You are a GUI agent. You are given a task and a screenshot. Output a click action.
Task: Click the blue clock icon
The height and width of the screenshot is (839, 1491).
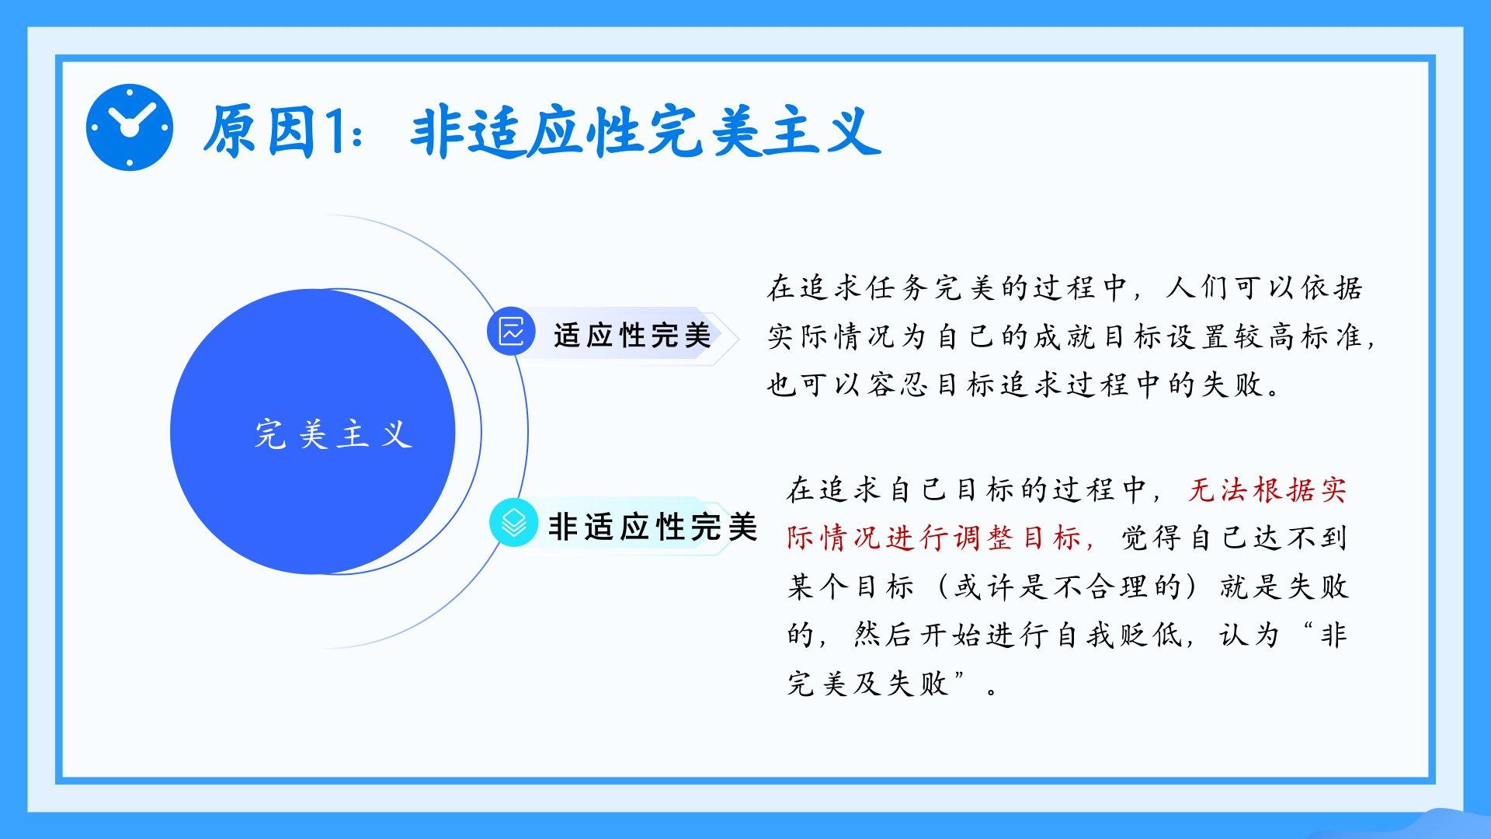(129, 127)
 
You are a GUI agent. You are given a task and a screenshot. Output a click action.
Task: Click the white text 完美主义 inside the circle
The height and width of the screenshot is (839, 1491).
(333, 434)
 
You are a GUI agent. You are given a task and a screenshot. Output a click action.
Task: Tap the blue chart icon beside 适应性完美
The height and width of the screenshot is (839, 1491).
(511, 332)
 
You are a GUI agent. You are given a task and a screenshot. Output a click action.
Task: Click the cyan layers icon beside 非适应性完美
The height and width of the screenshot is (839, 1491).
(513, 523)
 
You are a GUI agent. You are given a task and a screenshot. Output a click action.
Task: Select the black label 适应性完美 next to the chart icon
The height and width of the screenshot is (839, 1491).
(632, 336)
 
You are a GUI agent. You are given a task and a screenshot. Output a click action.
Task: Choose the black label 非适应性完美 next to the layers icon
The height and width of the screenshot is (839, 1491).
(652, 527)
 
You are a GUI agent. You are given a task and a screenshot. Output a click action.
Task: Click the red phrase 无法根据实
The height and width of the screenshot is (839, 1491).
(1267, 490)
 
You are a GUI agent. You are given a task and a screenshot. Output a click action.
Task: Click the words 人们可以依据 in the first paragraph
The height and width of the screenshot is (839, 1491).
(1264, 288)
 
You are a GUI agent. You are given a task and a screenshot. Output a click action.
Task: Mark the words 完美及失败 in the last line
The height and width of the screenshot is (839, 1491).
(868, 684)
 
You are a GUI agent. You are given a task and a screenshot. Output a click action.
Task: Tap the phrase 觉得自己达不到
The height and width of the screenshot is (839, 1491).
(1234, 538)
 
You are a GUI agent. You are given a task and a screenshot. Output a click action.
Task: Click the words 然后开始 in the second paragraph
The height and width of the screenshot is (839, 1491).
(919, 635)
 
